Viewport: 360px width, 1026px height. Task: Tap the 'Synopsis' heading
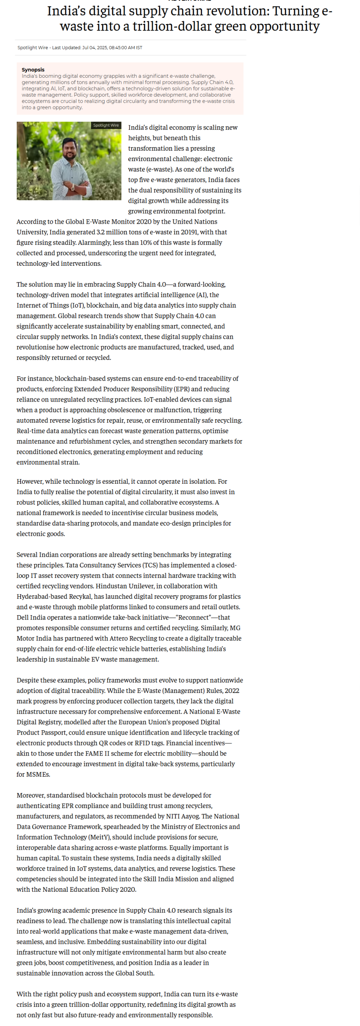click(x=33, y=69)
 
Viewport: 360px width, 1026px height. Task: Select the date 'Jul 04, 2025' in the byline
click(x=95, y=48)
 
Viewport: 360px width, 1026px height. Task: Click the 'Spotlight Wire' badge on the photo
click(x=106, y=125)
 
